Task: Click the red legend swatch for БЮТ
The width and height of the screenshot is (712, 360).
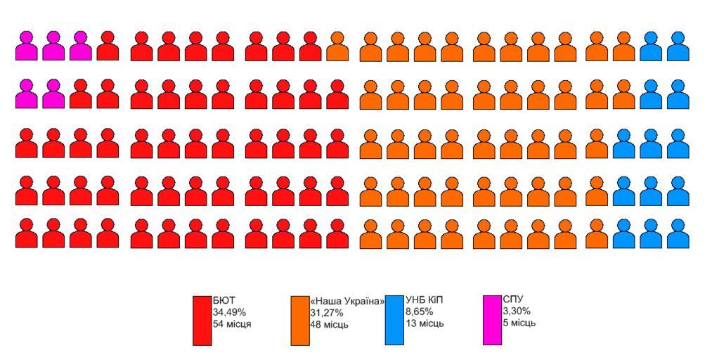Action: pos(202,320)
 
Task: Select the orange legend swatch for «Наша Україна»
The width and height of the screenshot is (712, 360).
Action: pos(300,320)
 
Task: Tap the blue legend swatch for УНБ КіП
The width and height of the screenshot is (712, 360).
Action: pos(394,320)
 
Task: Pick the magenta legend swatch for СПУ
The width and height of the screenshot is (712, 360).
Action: pos(492,320)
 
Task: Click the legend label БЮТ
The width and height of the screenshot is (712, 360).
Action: pos(224,300)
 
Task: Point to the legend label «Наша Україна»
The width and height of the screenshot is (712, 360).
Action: pos(347,301)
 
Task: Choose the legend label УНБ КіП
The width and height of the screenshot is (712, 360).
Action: pos(425,300)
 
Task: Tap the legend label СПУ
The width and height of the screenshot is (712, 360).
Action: pos(513,300)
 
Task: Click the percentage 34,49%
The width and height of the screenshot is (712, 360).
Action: pos(229,312)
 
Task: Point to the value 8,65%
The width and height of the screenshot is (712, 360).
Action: pos(419,311)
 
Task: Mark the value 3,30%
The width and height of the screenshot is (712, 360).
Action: pos(517,311)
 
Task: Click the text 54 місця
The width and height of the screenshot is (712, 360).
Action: pos(232,324)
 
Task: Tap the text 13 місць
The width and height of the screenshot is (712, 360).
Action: pos(425,323)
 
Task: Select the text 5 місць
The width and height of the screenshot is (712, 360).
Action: pos(519,323)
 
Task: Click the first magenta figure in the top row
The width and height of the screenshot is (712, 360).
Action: pos(27,46)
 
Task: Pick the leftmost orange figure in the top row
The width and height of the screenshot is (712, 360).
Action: pos(337,46)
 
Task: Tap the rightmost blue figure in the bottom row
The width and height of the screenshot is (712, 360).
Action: pos(678,234)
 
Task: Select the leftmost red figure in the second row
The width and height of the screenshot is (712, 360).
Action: pos(81,94)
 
